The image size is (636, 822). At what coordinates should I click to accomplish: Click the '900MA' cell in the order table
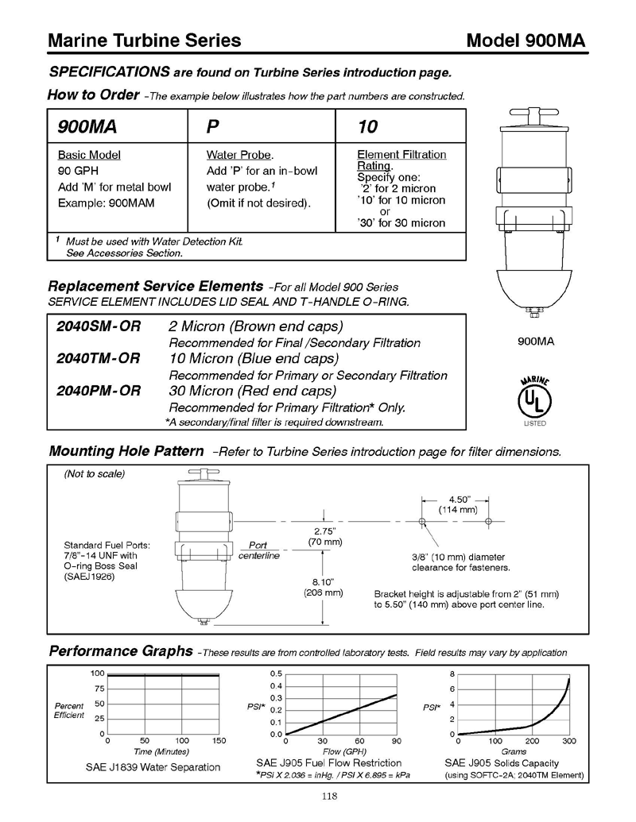[86, 126]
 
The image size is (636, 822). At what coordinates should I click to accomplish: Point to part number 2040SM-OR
[99, 326]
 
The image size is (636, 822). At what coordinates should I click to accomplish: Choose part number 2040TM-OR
[99, 358]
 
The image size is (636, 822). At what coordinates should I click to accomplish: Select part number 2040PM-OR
[99, 391]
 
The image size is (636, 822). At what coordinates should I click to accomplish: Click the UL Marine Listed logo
[534, 400]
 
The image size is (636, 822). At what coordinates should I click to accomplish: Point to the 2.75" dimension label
[324, 531]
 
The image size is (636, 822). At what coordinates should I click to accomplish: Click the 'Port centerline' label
[258, 550]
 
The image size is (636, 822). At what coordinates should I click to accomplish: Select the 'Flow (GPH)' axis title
[343, 751]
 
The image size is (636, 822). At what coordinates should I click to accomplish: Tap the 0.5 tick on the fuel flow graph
[276, 674]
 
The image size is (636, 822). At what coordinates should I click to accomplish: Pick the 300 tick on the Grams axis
[569, 741]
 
